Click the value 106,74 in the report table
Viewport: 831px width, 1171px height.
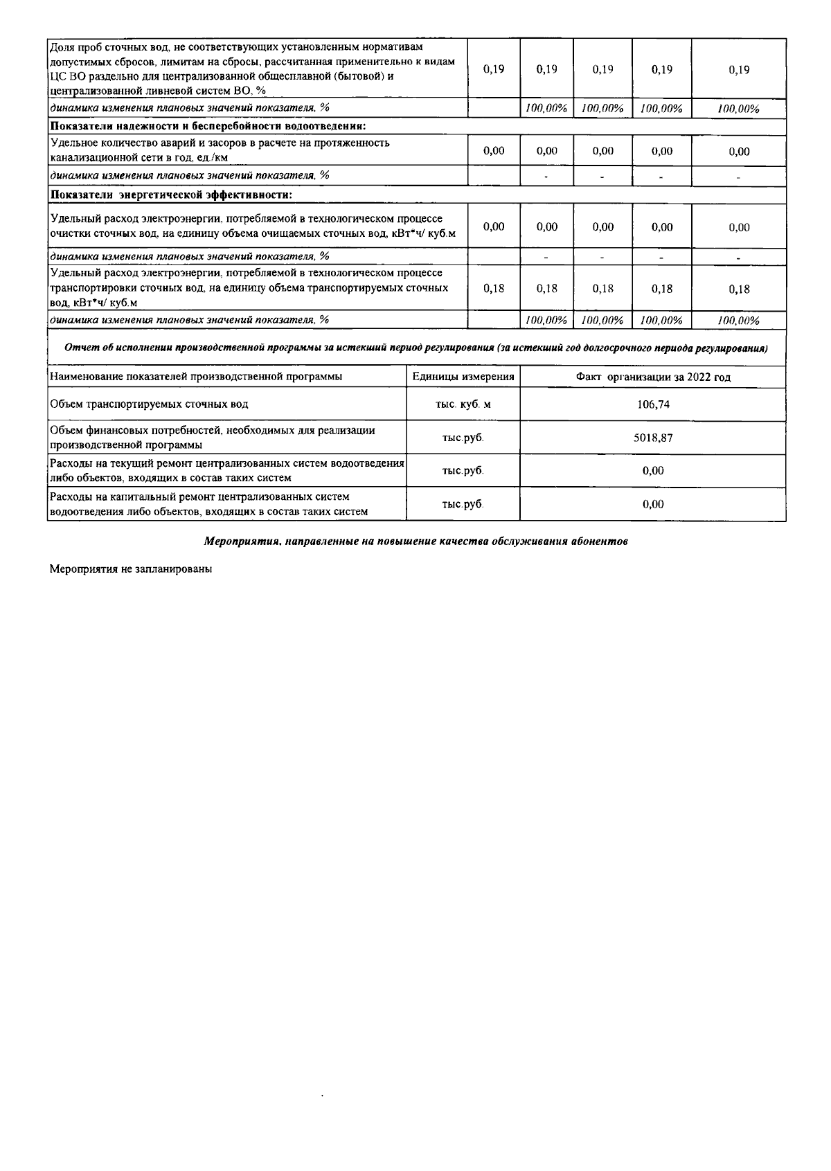point(653,404)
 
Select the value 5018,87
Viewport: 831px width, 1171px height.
point(653,438)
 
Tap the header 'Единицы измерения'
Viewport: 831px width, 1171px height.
point(463,377)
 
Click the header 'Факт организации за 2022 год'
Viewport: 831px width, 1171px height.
point(653,377)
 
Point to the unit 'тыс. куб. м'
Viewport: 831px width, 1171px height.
point(463,404)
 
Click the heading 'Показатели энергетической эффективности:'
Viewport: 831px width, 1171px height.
point(171,195)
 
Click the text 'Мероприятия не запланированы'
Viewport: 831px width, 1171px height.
point(130,569)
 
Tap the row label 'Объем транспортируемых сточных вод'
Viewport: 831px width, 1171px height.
point(149,404)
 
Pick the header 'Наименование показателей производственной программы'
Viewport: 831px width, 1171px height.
point(196,377)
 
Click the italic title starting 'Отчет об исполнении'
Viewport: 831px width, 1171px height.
point(415,348)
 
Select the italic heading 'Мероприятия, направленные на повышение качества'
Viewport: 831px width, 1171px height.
point(415,542)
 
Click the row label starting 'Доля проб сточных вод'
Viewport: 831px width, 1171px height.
point(253,69)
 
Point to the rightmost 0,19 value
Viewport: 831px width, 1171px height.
point(739,70)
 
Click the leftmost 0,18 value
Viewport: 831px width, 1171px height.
point(494,289)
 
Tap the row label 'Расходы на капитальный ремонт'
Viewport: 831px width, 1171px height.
point(208,504)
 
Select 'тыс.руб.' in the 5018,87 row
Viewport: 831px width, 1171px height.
point(463,438)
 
